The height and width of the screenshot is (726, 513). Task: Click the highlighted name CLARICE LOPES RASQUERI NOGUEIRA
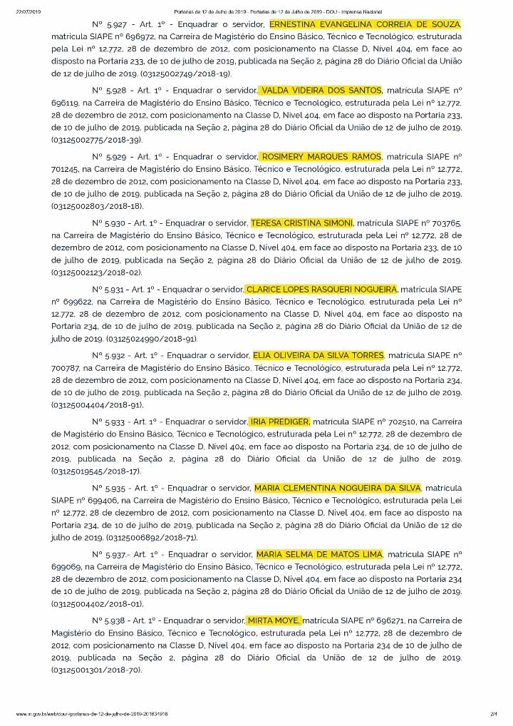321,289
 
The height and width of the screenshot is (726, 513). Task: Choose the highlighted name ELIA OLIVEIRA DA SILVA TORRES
318,355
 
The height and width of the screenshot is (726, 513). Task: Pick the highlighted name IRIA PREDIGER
279,421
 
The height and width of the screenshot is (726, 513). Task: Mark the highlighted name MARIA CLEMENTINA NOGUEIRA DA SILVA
338,488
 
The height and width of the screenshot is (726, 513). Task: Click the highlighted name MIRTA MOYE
274,620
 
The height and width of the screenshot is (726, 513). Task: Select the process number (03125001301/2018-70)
96,670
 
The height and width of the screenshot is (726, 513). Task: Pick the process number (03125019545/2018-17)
96,471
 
